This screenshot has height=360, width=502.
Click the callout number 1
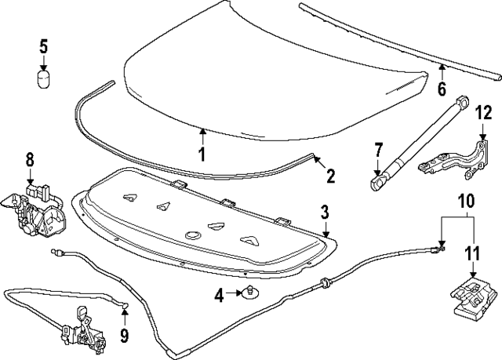(202, 154)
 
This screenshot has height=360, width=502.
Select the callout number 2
(330, 176)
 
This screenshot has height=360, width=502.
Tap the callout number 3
(323, 212)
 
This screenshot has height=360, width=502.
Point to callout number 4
(220, 296)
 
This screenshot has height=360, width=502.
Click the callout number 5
(44, 45)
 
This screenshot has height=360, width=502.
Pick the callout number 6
(442, 89)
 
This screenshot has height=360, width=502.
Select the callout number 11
(474, 253)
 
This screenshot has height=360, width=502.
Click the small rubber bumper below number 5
(45, 80)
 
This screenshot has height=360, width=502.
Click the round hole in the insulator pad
(191, 234)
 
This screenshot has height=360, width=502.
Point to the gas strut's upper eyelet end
(462, 100)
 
